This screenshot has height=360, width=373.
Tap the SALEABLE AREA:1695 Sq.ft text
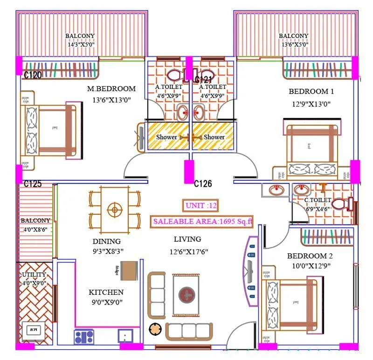[201, 222]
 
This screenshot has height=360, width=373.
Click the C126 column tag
[203, 184]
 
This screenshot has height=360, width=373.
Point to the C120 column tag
[33, 74]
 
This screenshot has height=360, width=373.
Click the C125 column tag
[33, 184]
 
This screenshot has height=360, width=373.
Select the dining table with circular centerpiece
[114, 210]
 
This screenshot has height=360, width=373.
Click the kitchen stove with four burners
[84, 336]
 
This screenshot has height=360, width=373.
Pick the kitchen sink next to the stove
[125, 336]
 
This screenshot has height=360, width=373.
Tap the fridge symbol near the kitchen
[129, 271]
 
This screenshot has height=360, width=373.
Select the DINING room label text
[106, 241]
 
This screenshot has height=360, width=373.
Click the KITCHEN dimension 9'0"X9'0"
[106, 301]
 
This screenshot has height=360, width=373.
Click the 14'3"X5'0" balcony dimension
[80, 45]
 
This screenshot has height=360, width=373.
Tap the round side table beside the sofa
[154, 329]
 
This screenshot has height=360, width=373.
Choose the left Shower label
[166, 137]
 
